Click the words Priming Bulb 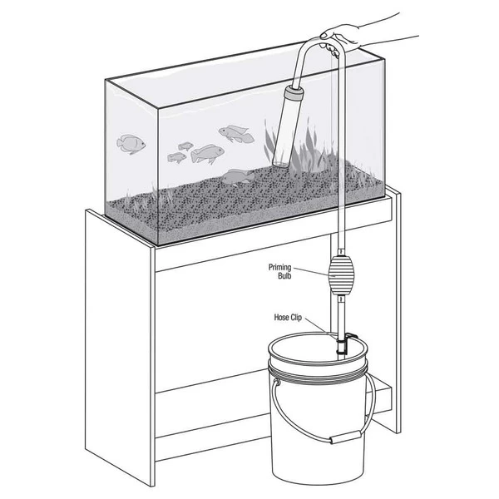click(279, 271)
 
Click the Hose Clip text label click(288, 318)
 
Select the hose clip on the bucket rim click(345, 343)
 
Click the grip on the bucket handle click(345, 437)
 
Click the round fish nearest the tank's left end click(131, 144)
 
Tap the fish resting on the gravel click(238, 176)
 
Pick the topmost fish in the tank click(236, 134)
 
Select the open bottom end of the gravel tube click(280, 164)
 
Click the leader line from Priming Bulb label click(310, 271)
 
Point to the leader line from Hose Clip click(320, 328)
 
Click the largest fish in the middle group click(207, 154)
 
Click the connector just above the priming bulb click(340, 252)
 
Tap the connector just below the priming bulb click(340, 299)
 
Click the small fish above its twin click(185, 146)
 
